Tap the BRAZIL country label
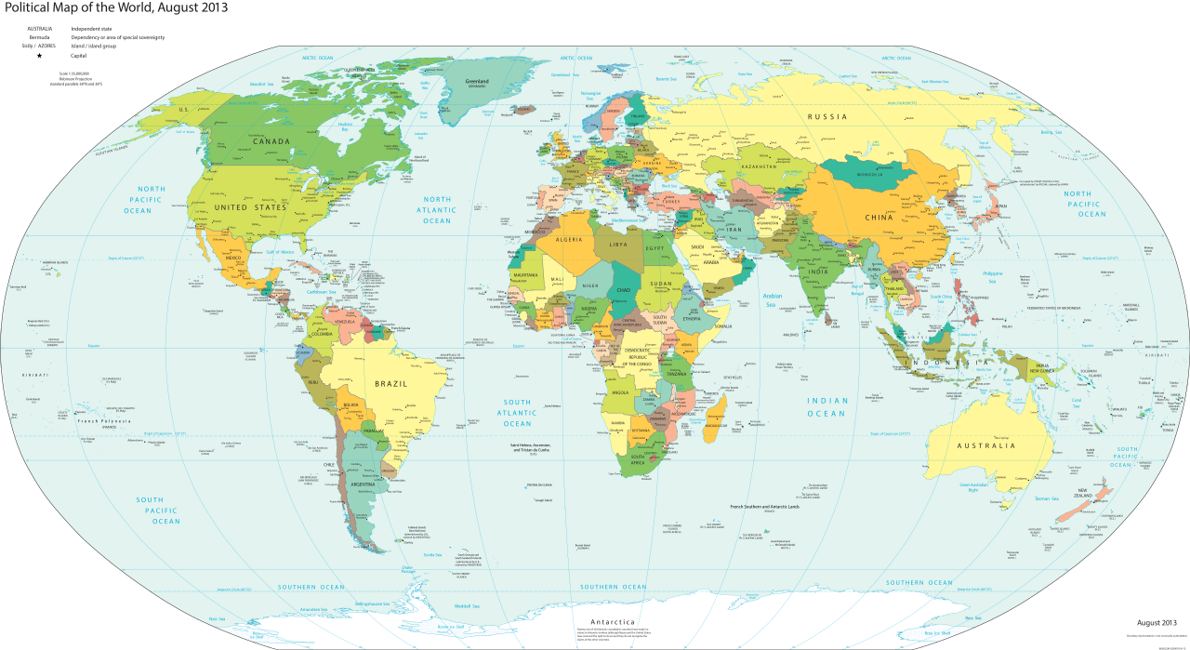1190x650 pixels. (390, 383)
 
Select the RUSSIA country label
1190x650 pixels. (826, 116)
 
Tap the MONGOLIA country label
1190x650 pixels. (869, 175)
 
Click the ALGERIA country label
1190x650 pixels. (567, 240)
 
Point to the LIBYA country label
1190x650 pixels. (618, 244)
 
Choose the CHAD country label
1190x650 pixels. (621, 290)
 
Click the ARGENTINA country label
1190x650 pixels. (364, 484)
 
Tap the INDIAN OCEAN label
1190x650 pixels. (826, 406)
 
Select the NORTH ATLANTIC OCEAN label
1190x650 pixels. (437, 210)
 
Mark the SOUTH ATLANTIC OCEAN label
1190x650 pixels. (518, 413)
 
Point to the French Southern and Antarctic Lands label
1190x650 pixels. (764, 507)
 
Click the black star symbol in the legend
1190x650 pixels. (39, 56)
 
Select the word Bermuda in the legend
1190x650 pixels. (39, 37)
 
